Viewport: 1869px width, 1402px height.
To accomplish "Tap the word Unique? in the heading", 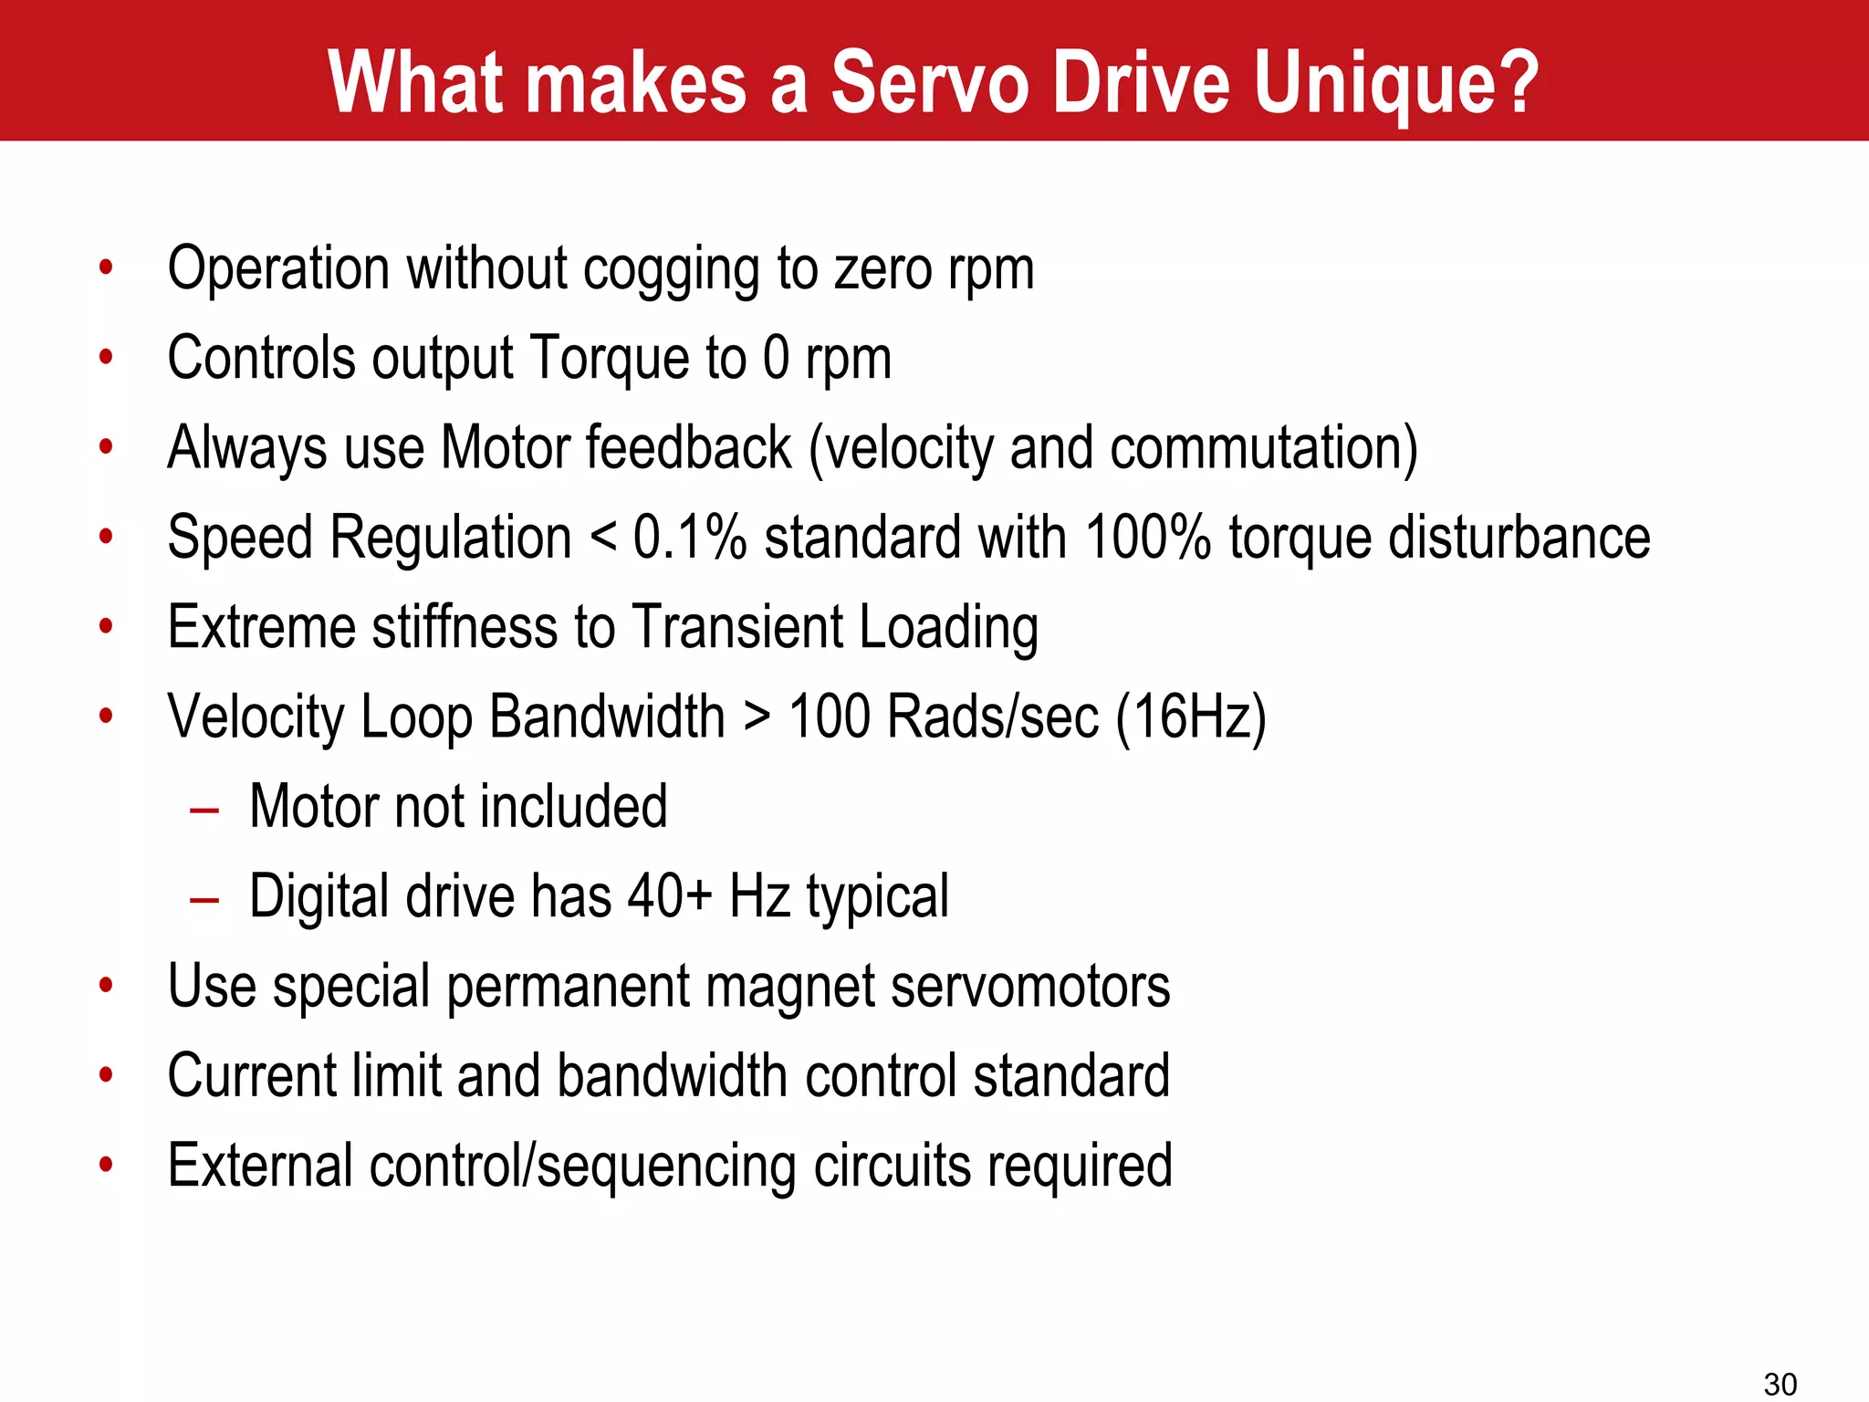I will pos(1396,84).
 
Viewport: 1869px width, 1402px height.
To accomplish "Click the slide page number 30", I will pos(1780,1384).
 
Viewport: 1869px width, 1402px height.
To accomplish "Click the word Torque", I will pos(610,358).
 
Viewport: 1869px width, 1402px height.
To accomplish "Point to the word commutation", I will pos(1264,448).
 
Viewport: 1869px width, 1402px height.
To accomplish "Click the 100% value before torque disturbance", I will pos(1148,537).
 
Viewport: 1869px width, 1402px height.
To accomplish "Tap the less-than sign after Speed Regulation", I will pos(603,539).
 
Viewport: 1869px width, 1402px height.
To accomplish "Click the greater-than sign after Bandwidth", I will pos(757,717).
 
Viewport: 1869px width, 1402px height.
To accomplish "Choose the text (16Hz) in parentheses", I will pos(1191,717).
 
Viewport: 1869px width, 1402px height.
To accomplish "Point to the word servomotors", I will pos(1030,987).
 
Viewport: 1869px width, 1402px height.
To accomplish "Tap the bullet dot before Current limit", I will pos(107,1075).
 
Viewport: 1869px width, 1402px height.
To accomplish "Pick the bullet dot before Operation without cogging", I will pos(107,268).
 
